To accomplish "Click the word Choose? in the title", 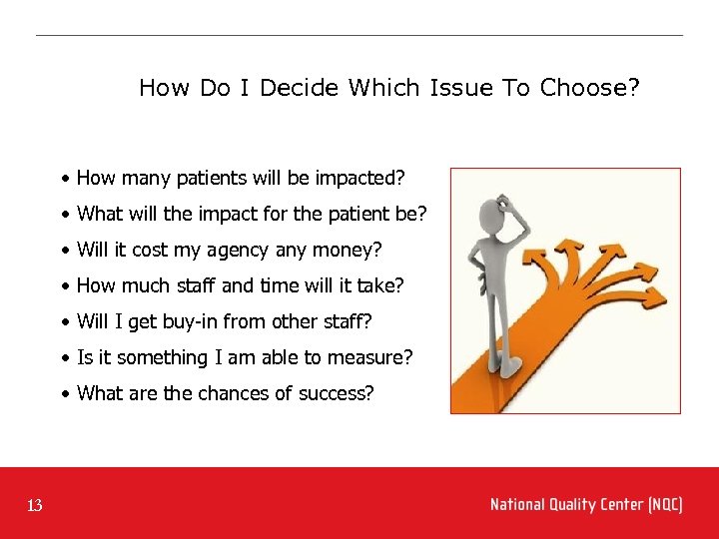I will (589, 88).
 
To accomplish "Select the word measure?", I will (374, 357).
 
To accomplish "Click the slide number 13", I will (35, 506).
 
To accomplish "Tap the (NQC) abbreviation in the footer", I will (665, 505).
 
